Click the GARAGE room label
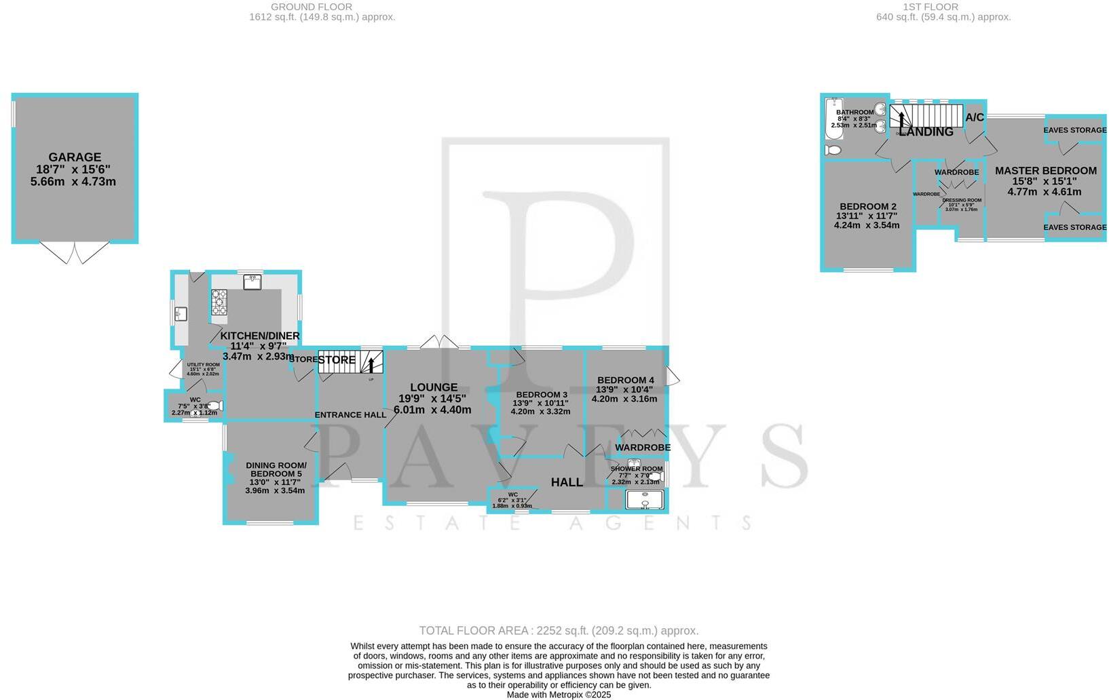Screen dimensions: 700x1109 click(75, 157)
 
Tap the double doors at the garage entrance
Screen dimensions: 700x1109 click(75, 253)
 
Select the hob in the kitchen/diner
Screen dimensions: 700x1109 click(219, 303)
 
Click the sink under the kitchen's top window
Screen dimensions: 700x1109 click(252, 281)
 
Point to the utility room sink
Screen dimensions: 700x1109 click(181, 313)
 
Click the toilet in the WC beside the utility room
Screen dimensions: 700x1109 click(215, 406)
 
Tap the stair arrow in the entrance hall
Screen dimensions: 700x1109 click(371, 364)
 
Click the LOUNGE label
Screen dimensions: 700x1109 click(433, 387)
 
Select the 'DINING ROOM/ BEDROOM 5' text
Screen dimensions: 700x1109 click(276, 469)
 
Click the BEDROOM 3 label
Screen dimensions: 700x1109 click(541, 395)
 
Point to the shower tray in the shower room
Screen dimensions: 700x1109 click(644, 501)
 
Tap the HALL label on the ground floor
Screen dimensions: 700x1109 click(567, 482)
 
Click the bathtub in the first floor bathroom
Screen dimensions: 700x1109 click(831, 118)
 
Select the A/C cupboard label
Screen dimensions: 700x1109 click(975, 117)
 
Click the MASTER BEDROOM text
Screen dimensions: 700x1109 click(1045, 171)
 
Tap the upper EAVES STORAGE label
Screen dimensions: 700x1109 click(1075, 130)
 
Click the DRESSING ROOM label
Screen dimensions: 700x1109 click(962, 200)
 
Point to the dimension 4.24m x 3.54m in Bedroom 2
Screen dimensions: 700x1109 click(867, 225)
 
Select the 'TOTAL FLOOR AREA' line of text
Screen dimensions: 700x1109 click(559, 631)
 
